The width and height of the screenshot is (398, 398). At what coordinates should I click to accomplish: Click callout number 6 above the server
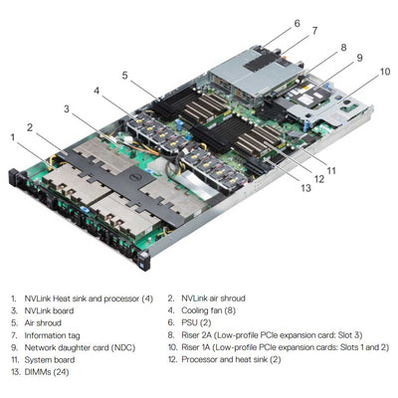(297, 22)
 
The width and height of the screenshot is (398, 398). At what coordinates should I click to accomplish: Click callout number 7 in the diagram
(314, 31)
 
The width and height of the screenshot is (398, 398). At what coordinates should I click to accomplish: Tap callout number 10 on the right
(384, 72)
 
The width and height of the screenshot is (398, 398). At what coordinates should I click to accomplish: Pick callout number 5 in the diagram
(124, 75)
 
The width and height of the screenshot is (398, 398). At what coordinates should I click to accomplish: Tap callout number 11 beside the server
(330, 170)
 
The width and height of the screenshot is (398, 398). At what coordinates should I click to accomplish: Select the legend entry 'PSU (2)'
(193, 323)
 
